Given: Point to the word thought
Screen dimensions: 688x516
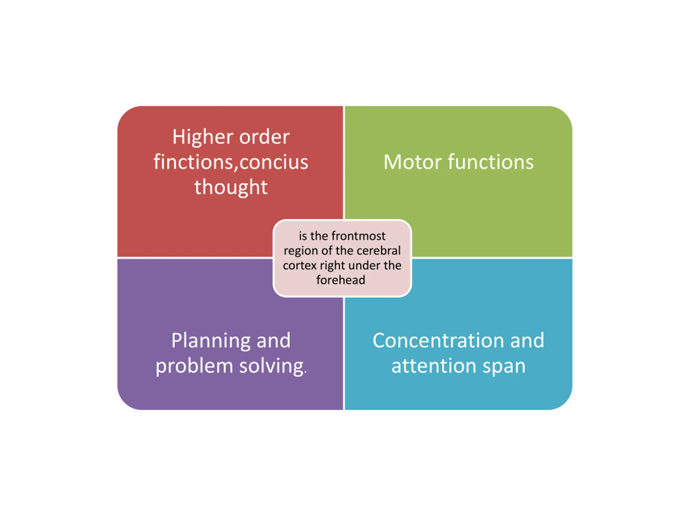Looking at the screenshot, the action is pyautogui.click(x=231, y=187).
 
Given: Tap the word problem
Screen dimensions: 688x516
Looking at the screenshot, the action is pyautogui.click(x=194, y=366).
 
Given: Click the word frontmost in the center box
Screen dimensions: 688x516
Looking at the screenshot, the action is pyautogui.click(x=359, y=236).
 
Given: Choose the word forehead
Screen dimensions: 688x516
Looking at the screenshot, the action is pyautogui.click(x=341, y=280).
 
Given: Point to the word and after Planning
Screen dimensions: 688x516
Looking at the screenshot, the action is pyautogui.click(x=273, y=341).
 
